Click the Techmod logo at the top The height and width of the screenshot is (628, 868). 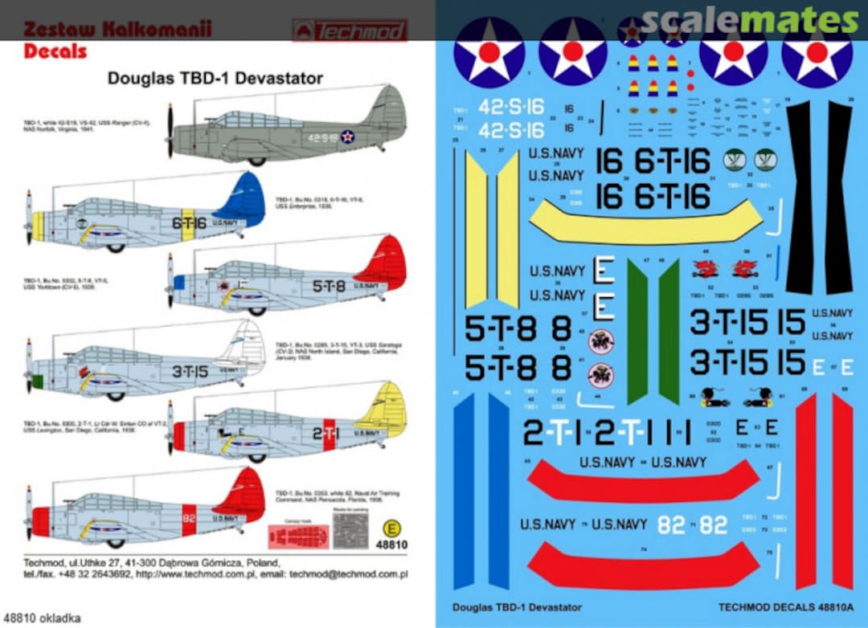click(x=350, y=31)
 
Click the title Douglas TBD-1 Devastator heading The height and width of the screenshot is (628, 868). click(x=215, y=79)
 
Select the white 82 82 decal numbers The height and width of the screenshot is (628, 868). click(x=692, y=525)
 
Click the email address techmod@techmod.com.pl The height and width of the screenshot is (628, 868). click(x=354, y=574)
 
